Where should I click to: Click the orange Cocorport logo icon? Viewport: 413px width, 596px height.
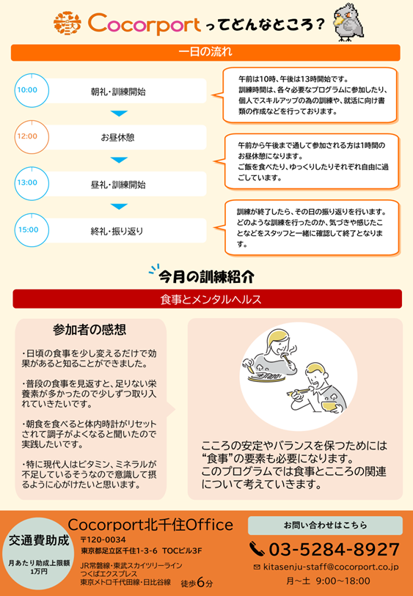67,23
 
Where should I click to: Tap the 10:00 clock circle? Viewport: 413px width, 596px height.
32,90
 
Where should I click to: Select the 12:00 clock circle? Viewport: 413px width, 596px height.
32,136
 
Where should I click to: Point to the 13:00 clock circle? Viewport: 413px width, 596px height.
32,183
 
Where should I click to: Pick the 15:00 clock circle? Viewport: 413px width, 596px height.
32,230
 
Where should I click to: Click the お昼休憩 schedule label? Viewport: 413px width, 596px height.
117,138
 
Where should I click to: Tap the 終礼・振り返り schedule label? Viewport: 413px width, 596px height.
117,231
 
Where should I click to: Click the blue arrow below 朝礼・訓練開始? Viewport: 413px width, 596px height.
119,114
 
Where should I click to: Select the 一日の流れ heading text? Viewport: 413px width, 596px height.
205,52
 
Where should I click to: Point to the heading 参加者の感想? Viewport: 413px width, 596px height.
89,330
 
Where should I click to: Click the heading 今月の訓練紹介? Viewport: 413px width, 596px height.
207,277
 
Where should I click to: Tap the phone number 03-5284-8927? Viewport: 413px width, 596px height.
335,550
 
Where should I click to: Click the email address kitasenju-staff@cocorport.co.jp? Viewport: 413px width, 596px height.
331,567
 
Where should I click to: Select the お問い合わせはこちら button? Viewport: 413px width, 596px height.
325,526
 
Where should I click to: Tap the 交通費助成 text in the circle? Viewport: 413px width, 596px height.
39,540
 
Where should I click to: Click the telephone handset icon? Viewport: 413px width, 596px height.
257,549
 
